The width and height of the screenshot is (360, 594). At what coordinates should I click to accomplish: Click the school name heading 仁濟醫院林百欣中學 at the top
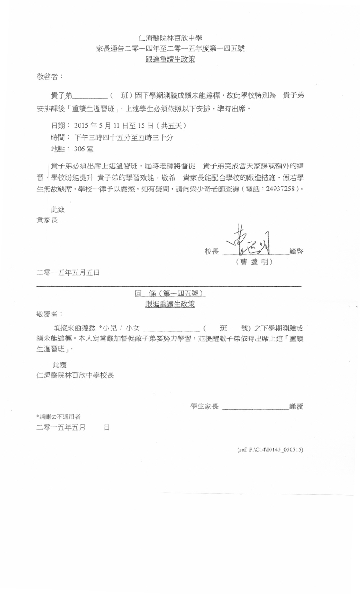tap(170, 38)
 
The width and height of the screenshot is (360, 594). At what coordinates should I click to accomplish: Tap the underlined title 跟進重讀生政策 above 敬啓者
tap(170, 59)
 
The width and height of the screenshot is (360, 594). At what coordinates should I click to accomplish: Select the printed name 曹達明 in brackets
tap(254, 262)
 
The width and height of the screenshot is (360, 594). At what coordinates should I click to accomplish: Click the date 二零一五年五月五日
tap(68, 272)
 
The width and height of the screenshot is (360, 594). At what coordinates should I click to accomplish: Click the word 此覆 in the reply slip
tap(60, 364)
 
